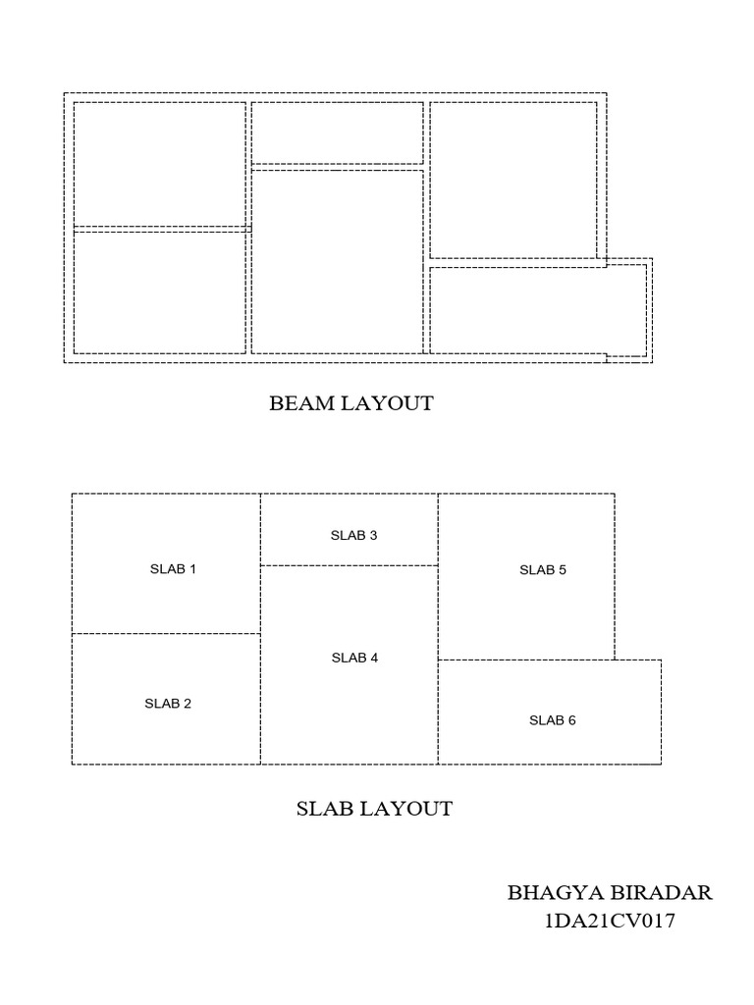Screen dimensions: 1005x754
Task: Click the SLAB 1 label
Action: coord(173,569)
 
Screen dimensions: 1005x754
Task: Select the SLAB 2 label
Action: coord(168,704)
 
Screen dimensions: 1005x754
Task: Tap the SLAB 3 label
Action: coord(354,536)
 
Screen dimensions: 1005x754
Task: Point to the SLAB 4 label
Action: coord(354,659)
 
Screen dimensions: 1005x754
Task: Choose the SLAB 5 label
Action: coord(543,569)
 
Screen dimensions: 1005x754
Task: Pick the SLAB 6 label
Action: coord(553,720)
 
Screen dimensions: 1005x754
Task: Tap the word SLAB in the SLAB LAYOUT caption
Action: coord(323,809)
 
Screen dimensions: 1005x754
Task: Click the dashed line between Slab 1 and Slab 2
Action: coord(166,633)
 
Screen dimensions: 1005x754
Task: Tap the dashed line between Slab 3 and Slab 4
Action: coord(349,565)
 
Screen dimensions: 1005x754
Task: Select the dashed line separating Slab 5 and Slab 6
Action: coord(526,660)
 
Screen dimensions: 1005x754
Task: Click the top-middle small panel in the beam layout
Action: coord(338,132)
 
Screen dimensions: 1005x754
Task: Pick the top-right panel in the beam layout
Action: coord(512,179)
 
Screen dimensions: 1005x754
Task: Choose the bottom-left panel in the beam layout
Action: coord(160,292)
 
